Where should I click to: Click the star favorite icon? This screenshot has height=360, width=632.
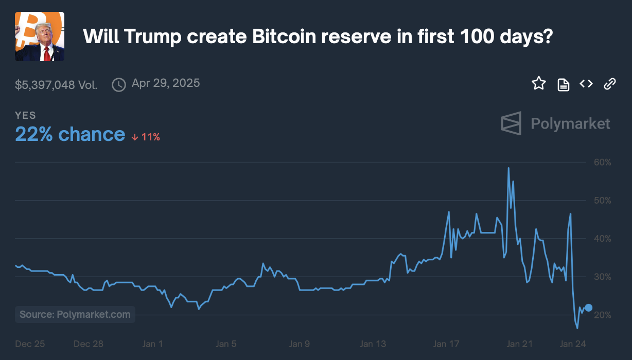click(539, 83)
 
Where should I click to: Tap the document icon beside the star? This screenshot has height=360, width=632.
click(564, 84)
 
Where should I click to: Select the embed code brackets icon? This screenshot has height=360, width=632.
click(586, 84)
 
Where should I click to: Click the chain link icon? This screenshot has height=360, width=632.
click(610, 84)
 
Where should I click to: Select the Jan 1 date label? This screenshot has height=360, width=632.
click(152, 344)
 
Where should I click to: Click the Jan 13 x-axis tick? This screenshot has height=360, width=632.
click(373, 344)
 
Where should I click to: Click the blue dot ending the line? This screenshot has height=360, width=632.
click(589, 308)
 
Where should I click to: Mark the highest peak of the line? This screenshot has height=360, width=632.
click(508, 168)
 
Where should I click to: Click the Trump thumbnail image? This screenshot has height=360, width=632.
click(40, 37)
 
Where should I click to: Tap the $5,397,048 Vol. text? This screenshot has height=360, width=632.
click(56, 85)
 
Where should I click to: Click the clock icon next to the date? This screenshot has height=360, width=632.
click(119, 85)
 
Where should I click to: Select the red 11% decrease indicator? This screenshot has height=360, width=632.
click(146, 137)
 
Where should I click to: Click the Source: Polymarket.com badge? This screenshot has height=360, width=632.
click(75, 314)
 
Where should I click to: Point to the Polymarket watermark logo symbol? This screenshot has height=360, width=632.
click(511, 123)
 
